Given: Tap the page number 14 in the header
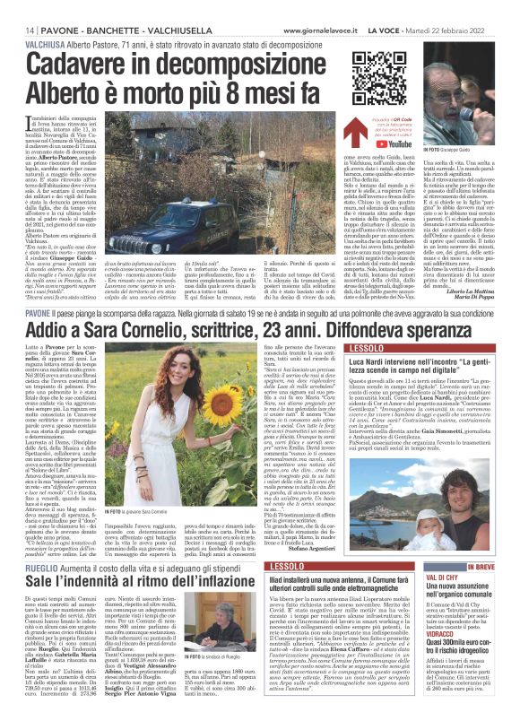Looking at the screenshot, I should (18, 7).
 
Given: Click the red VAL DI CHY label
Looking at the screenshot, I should (467, 554).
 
